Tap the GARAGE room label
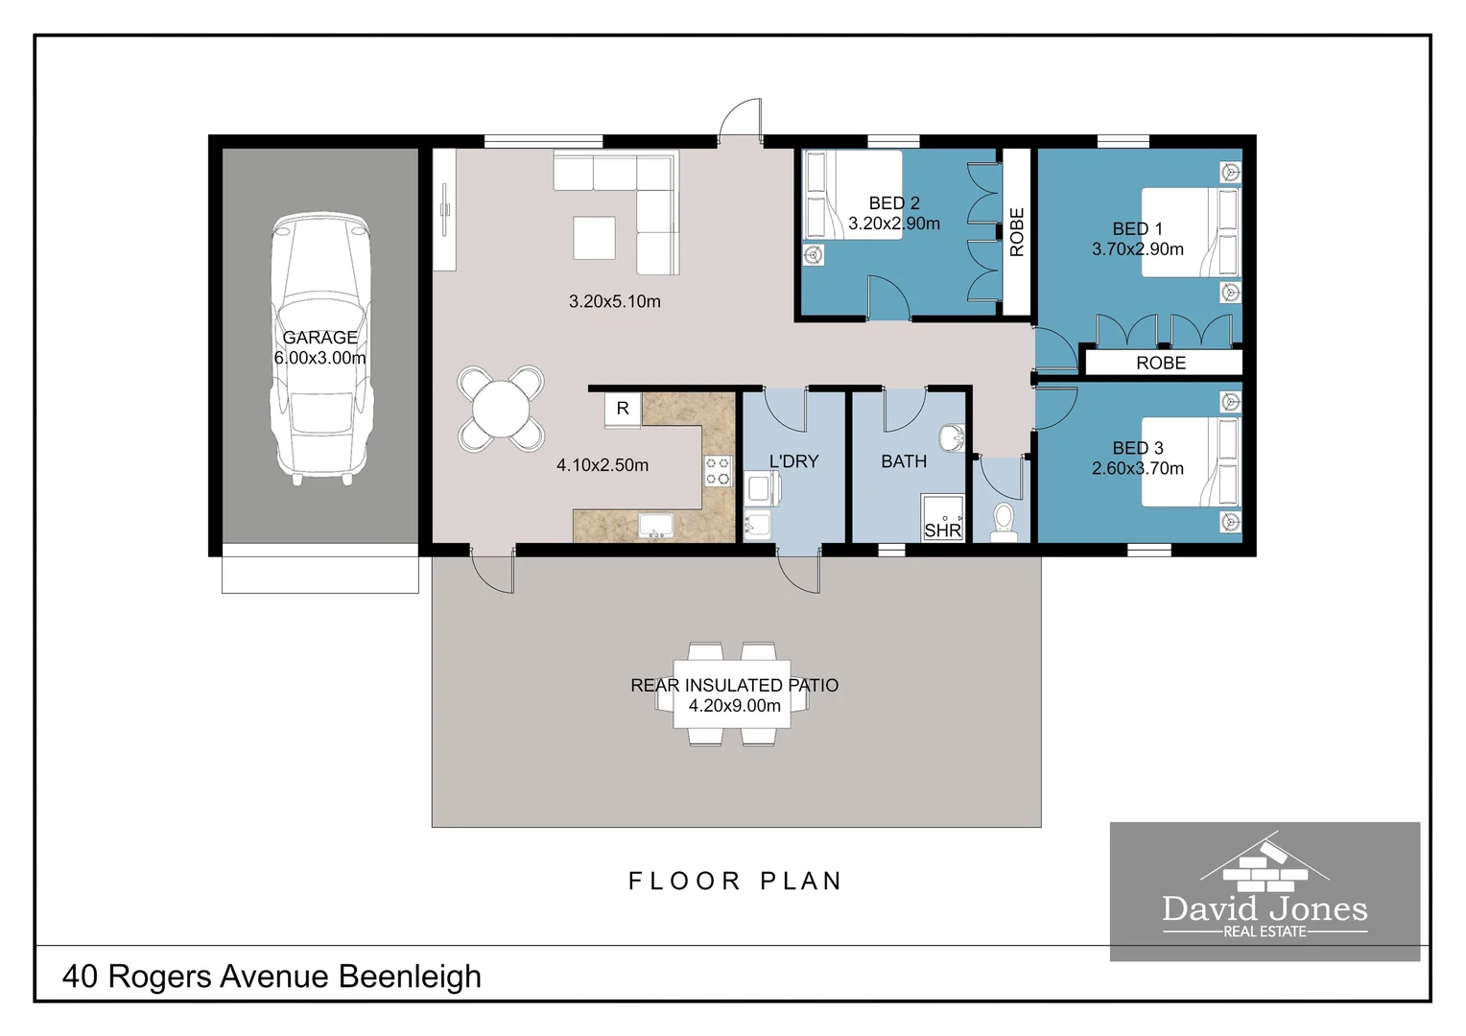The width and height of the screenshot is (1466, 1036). [x=319, y=338]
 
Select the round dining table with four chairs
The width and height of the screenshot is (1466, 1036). [x=501, y=409]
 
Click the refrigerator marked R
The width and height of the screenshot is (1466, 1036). [x=623, y=409]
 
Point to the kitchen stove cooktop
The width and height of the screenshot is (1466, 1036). [x=718, y=471]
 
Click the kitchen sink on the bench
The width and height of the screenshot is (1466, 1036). [x=657, y=527]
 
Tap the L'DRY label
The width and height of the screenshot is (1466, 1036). [x=793, y=461]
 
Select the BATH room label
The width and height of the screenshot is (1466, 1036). [x=904, y=461]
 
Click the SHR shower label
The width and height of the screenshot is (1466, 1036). [x=942, y=530]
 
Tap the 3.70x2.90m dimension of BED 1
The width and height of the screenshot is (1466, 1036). [x=1137, y=249]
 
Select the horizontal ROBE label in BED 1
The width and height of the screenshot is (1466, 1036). [x=1161, y=363]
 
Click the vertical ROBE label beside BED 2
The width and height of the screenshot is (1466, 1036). [x=1017, y=232]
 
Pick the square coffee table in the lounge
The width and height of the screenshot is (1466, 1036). [x=594, y=238]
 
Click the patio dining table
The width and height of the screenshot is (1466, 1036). [x=732, y=695]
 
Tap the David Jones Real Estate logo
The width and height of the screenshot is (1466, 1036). [x=1265, y=891]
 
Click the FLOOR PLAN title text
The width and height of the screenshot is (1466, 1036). [x=735, y=881]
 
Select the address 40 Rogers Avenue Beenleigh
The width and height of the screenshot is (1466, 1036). [x=272, y=976]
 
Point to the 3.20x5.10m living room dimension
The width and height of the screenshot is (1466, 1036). [x=614, y=301]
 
